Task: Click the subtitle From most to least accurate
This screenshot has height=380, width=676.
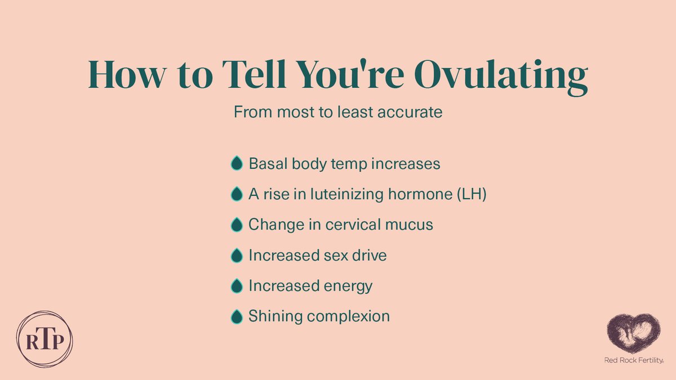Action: (x=338, y=112)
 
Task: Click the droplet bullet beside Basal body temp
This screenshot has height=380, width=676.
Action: (x=237, y=164)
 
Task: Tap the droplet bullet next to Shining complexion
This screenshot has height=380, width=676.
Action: (x=237, y=316)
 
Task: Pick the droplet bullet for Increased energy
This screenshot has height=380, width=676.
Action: (x=237, y=286)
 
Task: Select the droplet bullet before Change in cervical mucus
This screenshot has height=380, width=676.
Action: (x=237, y=225)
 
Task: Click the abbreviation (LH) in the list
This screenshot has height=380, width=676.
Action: (x=470, y=194)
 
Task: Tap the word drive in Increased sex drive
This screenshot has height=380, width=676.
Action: (x=367, y=255)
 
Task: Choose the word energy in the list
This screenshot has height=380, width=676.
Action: (x=348, y=287)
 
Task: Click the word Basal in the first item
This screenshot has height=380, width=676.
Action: (x=266, y=164)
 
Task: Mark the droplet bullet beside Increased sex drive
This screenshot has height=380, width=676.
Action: (x=237, y=255)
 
